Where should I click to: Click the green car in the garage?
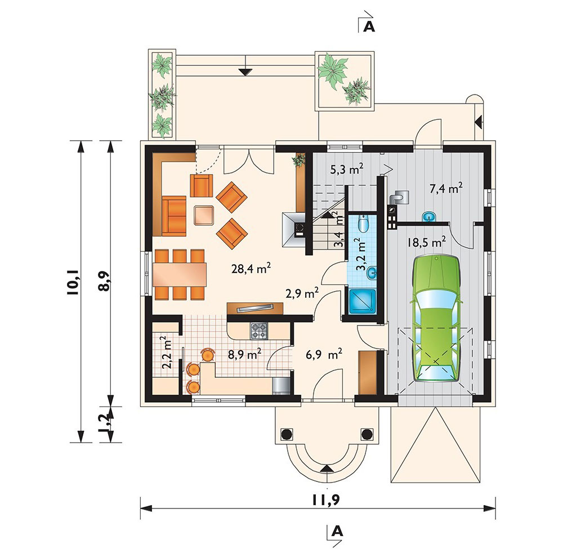point(437,318)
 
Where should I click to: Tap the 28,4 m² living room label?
point(251,268)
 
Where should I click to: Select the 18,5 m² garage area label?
point(427,242)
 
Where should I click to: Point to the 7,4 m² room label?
point(446,188)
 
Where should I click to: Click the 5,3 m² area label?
point(347,168)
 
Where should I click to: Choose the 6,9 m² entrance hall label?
point(324,354)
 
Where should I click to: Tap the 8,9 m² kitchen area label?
point(244,354)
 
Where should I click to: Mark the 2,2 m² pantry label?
point(167,352)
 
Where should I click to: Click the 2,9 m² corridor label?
point(302,293)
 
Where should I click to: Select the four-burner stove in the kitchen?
point(259,331)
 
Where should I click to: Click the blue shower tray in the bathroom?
point(362,302)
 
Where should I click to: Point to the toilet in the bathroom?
point(363,224)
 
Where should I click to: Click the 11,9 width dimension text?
point(326,500)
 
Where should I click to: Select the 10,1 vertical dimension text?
point(73,282)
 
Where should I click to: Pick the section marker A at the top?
point(369,26)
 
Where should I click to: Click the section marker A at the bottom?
point(337,531)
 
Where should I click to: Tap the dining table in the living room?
point(180,275)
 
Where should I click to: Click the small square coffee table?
point(204,215)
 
